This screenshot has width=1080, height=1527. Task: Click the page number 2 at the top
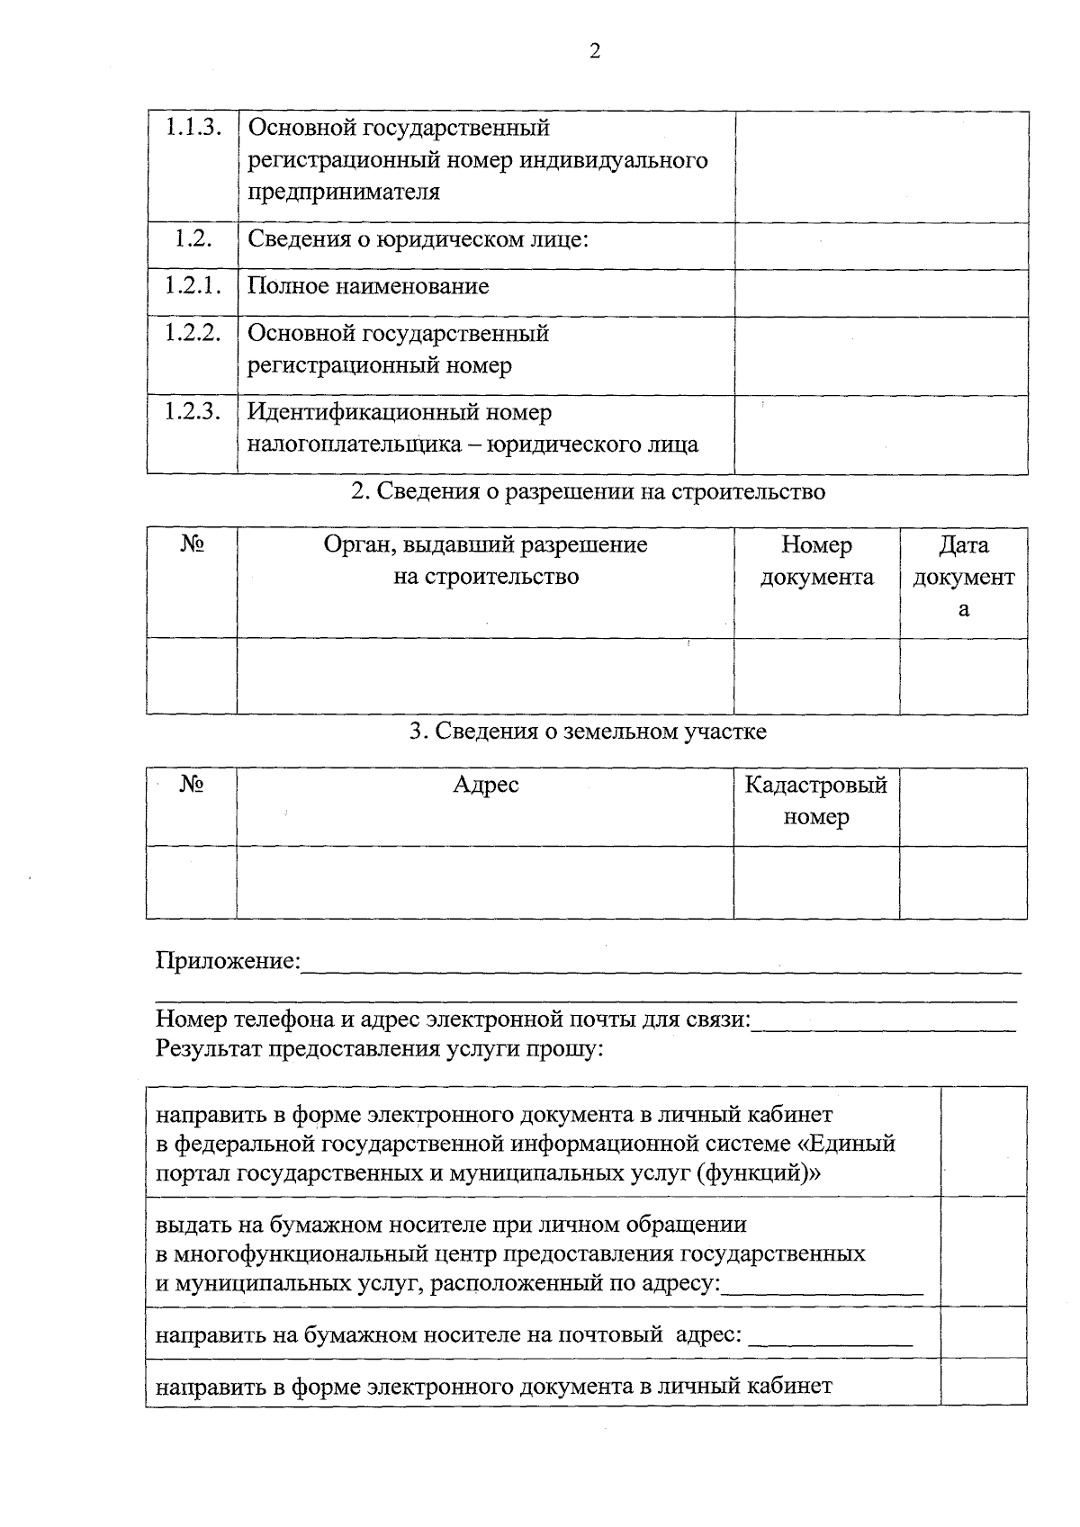[x=594, y=51]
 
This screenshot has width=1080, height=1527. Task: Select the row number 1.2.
[x=193, y=238]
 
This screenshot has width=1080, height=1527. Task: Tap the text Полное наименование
[x=368, y=287]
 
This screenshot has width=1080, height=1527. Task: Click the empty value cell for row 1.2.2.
[x=880, y=355]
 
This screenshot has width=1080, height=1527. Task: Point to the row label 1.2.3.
[x=193, y=412]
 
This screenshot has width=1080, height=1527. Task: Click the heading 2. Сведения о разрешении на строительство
[x=587, y=492]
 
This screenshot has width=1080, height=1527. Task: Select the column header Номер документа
[x=816, y=561]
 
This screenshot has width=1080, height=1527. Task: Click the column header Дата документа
[x=963, y=576]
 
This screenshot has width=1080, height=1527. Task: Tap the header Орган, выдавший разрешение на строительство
[x=485, y=561]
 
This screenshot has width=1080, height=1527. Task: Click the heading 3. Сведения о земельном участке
[x=588, y=732]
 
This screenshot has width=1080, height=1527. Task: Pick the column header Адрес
[x=485, y=785]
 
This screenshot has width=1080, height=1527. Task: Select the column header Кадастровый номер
[x=815, y=801]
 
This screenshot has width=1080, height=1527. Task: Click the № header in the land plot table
[x=192, y=785]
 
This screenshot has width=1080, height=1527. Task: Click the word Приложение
[x=227, y=961]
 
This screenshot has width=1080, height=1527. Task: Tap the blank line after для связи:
[x=884, y=1023]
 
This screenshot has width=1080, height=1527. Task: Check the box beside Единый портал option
[x=983, y=1141]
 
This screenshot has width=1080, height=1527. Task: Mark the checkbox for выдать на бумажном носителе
[x=983, y=1252]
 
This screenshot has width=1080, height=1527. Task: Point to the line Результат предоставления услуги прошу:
[x=379, y=1049]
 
